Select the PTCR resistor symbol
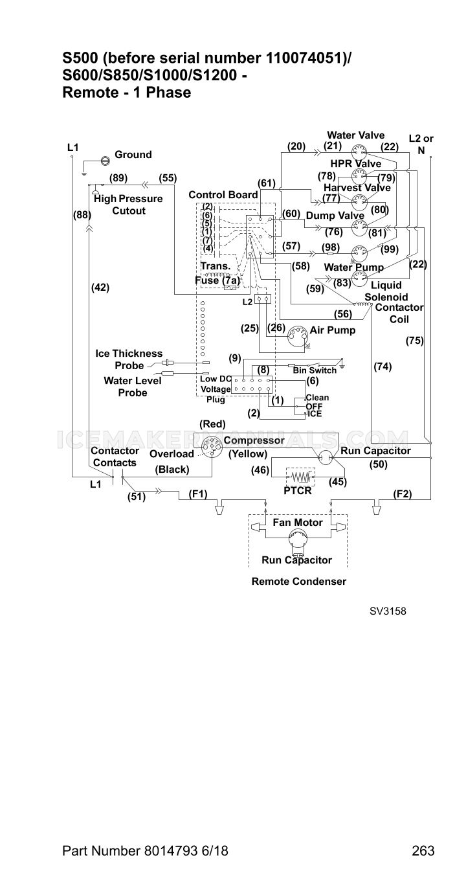point(300,477)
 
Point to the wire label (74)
point(383,367)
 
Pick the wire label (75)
point(415,341)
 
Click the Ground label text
point(133,154)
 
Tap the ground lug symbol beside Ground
point(105,160)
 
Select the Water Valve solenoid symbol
point(359,151)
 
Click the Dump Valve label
point(335,216)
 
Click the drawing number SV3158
point(388,611)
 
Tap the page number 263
point(423,850)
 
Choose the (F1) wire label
point(198,494)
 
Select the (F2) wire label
point(403,494)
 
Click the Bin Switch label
point(315,370)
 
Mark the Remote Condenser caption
point(299,582)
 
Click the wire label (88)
point(82,215)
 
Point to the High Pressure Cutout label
point(128,205)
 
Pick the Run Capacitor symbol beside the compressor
point(326,458)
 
